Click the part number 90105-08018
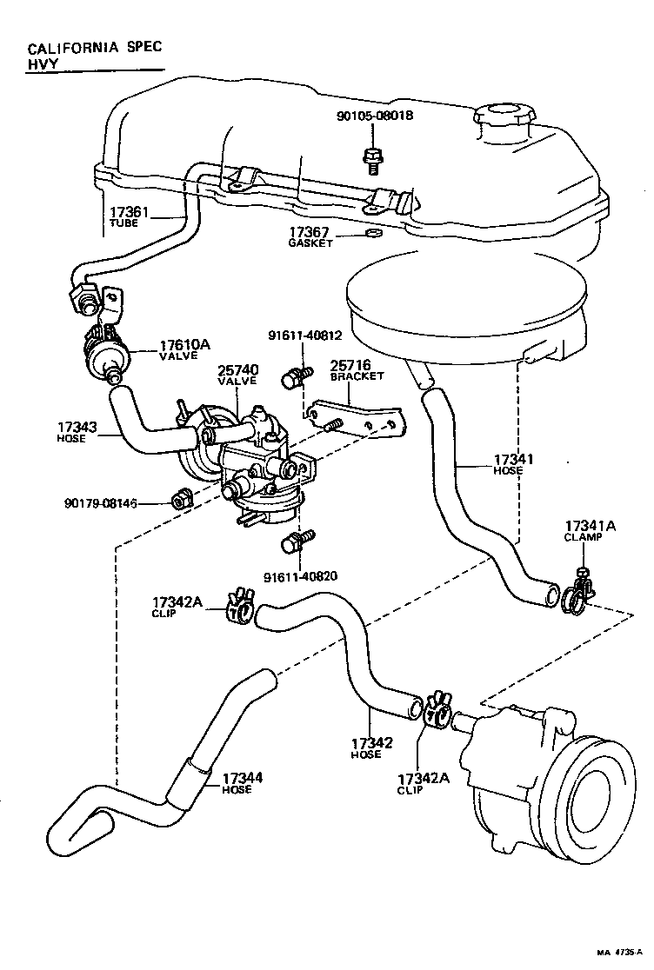pos(375,116)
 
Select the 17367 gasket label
pos(310,237)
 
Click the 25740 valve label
pos(237,375)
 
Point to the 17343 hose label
pos(78,431)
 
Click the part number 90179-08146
pos(100,503)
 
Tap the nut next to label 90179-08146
pos(182,499)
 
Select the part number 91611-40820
pos(304,575)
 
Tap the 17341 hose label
pos(513,463)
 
